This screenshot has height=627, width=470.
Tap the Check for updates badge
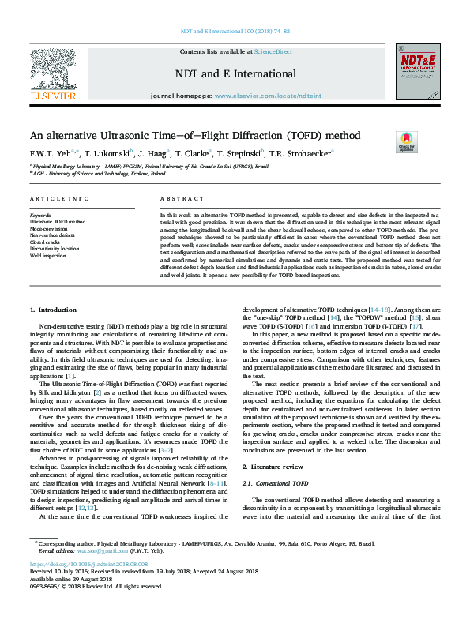coord(406,142)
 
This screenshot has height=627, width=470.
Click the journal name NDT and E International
coord(235,74)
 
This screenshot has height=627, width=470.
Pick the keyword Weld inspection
coord(49,256)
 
